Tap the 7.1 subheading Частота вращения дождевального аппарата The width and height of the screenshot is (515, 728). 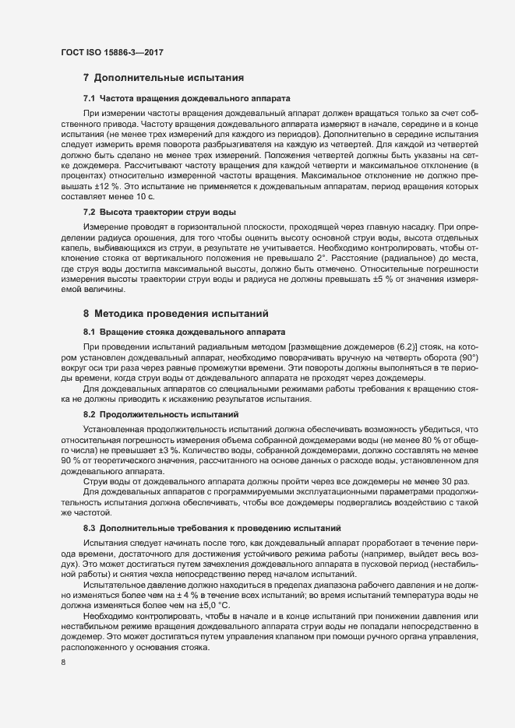point(187,99)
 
